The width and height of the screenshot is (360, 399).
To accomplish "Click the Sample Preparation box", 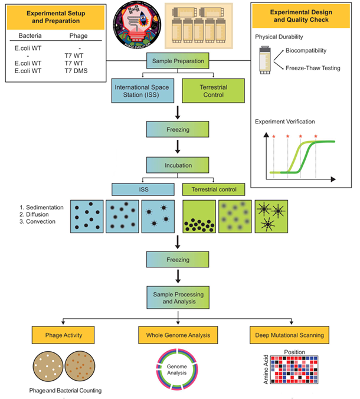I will [180, 61].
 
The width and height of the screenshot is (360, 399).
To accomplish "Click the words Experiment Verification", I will [287, 121].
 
